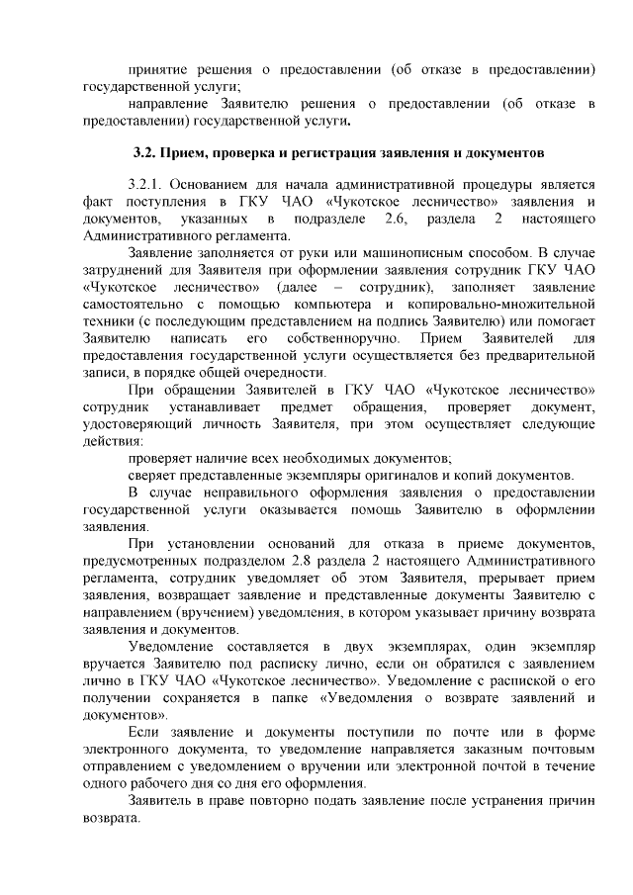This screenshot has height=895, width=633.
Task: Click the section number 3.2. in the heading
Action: (147, 155)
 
